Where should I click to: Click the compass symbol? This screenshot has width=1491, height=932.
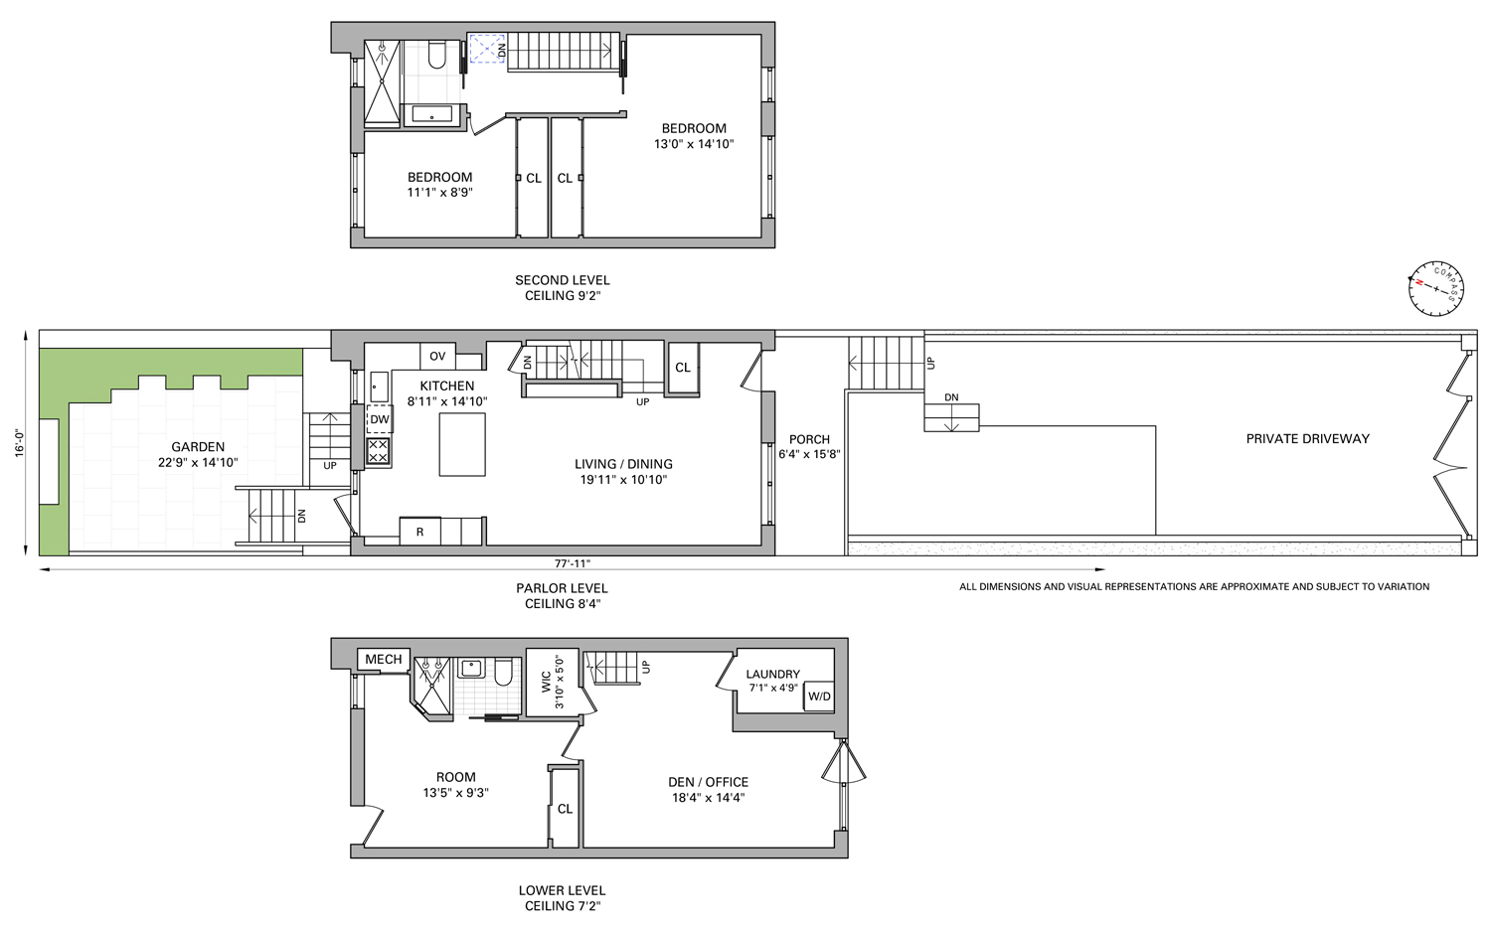point(1435,289)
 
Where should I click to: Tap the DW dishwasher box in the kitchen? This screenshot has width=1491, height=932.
point(380,419)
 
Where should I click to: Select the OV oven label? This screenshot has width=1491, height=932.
point(437,356)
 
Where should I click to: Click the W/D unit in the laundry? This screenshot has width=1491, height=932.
point(819,697)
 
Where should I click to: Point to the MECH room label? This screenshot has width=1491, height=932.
point(384,659)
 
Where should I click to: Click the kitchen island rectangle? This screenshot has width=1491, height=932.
point(462,444)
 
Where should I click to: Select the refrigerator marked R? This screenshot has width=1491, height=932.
point(420,532)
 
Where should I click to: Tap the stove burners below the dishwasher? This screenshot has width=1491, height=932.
point(378,451)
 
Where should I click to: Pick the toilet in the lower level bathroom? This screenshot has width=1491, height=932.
point(503,673)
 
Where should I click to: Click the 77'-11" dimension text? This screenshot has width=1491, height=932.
point(573,563)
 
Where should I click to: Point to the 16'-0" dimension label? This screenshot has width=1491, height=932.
point(20,442)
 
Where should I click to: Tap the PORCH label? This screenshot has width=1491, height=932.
point(809,439)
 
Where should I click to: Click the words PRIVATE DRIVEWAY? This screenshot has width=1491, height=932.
point(1307,438)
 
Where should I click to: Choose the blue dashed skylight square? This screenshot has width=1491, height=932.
point(487,49)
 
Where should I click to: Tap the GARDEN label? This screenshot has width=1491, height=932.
point(198,447)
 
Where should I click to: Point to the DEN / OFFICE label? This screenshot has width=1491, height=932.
point(708,782)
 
